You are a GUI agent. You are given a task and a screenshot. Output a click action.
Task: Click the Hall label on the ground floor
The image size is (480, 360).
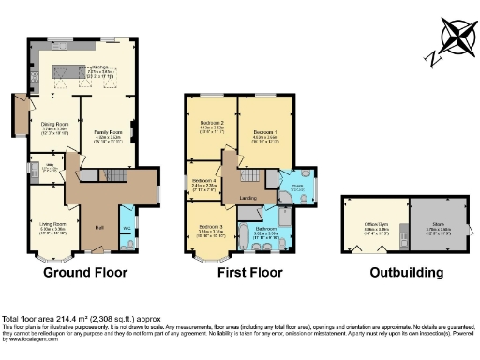98,226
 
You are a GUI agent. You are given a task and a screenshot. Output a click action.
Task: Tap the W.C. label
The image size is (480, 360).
127,225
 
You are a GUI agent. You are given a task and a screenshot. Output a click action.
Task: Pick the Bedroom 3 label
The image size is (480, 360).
210,227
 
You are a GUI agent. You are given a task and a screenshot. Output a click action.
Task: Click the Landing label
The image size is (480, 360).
248,198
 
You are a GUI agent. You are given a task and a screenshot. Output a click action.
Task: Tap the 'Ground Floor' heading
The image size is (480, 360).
85,273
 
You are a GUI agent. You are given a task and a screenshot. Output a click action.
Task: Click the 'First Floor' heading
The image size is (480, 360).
248,273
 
